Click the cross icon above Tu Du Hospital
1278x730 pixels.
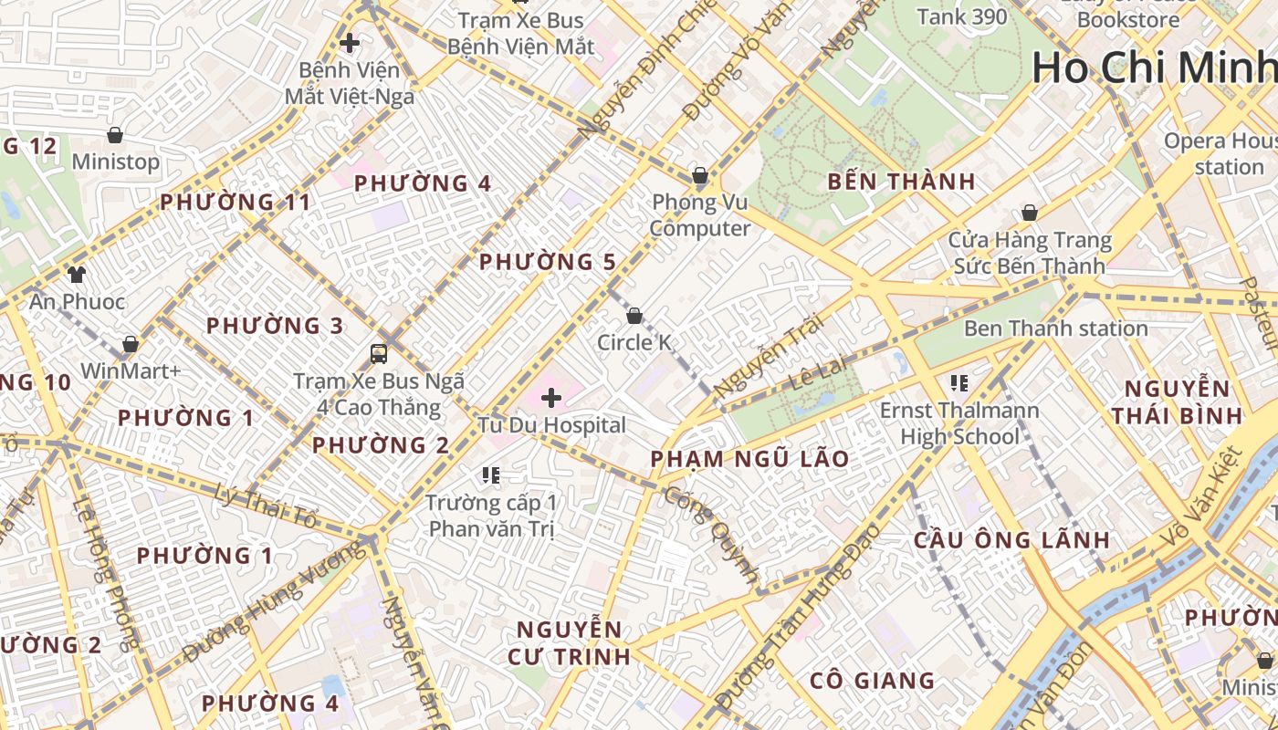click(551, 398)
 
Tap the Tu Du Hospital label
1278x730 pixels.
click(552, 425)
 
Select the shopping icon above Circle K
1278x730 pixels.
click(634, 316)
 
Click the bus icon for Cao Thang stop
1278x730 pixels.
click(378, 353)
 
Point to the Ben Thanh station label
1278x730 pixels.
click(1055, 328)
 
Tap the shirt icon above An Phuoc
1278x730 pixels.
click(76, 274)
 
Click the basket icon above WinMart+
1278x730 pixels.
click(131, 344)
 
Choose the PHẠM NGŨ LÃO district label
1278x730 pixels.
click(749, 459)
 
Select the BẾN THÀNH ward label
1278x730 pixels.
click(901, 182)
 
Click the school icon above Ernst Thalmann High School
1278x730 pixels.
click(958, 382)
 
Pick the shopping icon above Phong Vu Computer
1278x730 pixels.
click(700, 174)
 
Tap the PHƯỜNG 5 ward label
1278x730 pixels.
click(547, 263)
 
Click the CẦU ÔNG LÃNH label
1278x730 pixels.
click(1011, 540)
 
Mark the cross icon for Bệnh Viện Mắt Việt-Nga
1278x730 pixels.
click(349, 43)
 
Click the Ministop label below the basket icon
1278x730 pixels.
click(116, 162)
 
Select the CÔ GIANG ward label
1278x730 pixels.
click(872, 681)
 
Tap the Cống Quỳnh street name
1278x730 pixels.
click(711, 535)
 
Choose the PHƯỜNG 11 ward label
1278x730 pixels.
click(236, 203)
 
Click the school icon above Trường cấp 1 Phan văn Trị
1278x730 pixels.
click(491, 475)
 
